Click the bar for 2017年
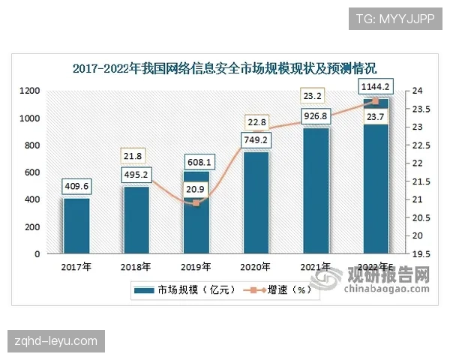76,226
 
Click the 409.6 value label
76,186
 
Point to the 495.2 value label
136,175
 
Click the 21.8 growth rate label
136,156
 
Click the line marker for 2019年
196,202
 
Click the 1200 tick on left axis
30,91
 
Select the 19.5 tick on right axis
421,254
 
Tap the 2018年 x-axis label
136,266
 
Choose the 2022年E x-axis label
375,266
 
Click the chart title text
224,68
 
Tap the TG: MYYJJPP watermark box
393,17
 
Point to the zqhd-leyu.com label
57,341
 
